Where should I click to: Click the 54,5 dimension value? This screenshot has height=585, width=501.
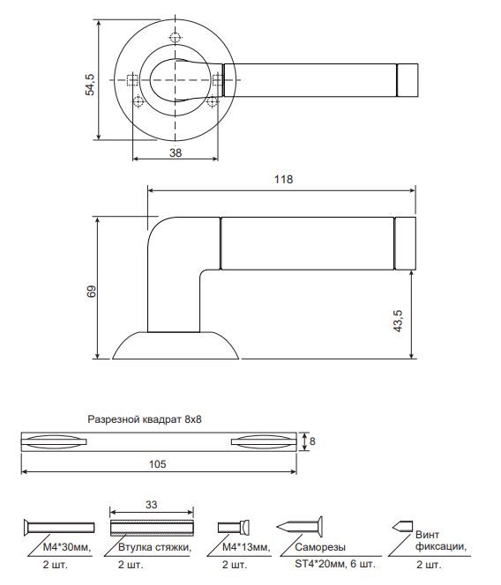(90, 85)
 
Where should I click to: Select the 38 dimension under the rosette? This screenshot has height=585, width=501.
(176, 152)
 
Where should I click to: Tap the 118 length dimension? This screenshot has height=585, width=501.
(283, 180)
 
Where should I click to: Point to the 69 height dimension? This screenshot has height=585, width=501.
(91, 291)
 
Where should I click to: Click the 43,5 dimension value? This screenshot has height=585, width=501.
(398, 321)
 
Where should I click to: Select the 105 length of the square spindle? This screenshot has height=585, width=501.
(157, 464)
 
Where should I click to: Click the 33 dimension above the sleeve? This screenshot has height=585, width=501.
(152, 505)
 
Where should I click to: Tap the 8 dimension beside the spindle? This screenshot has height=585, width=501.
(312, 441)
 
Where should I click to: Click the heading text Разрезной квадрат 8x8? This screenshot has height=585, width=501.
(145, 419)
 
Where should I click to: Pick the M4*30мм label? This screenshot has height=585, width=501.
(67, 547)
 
